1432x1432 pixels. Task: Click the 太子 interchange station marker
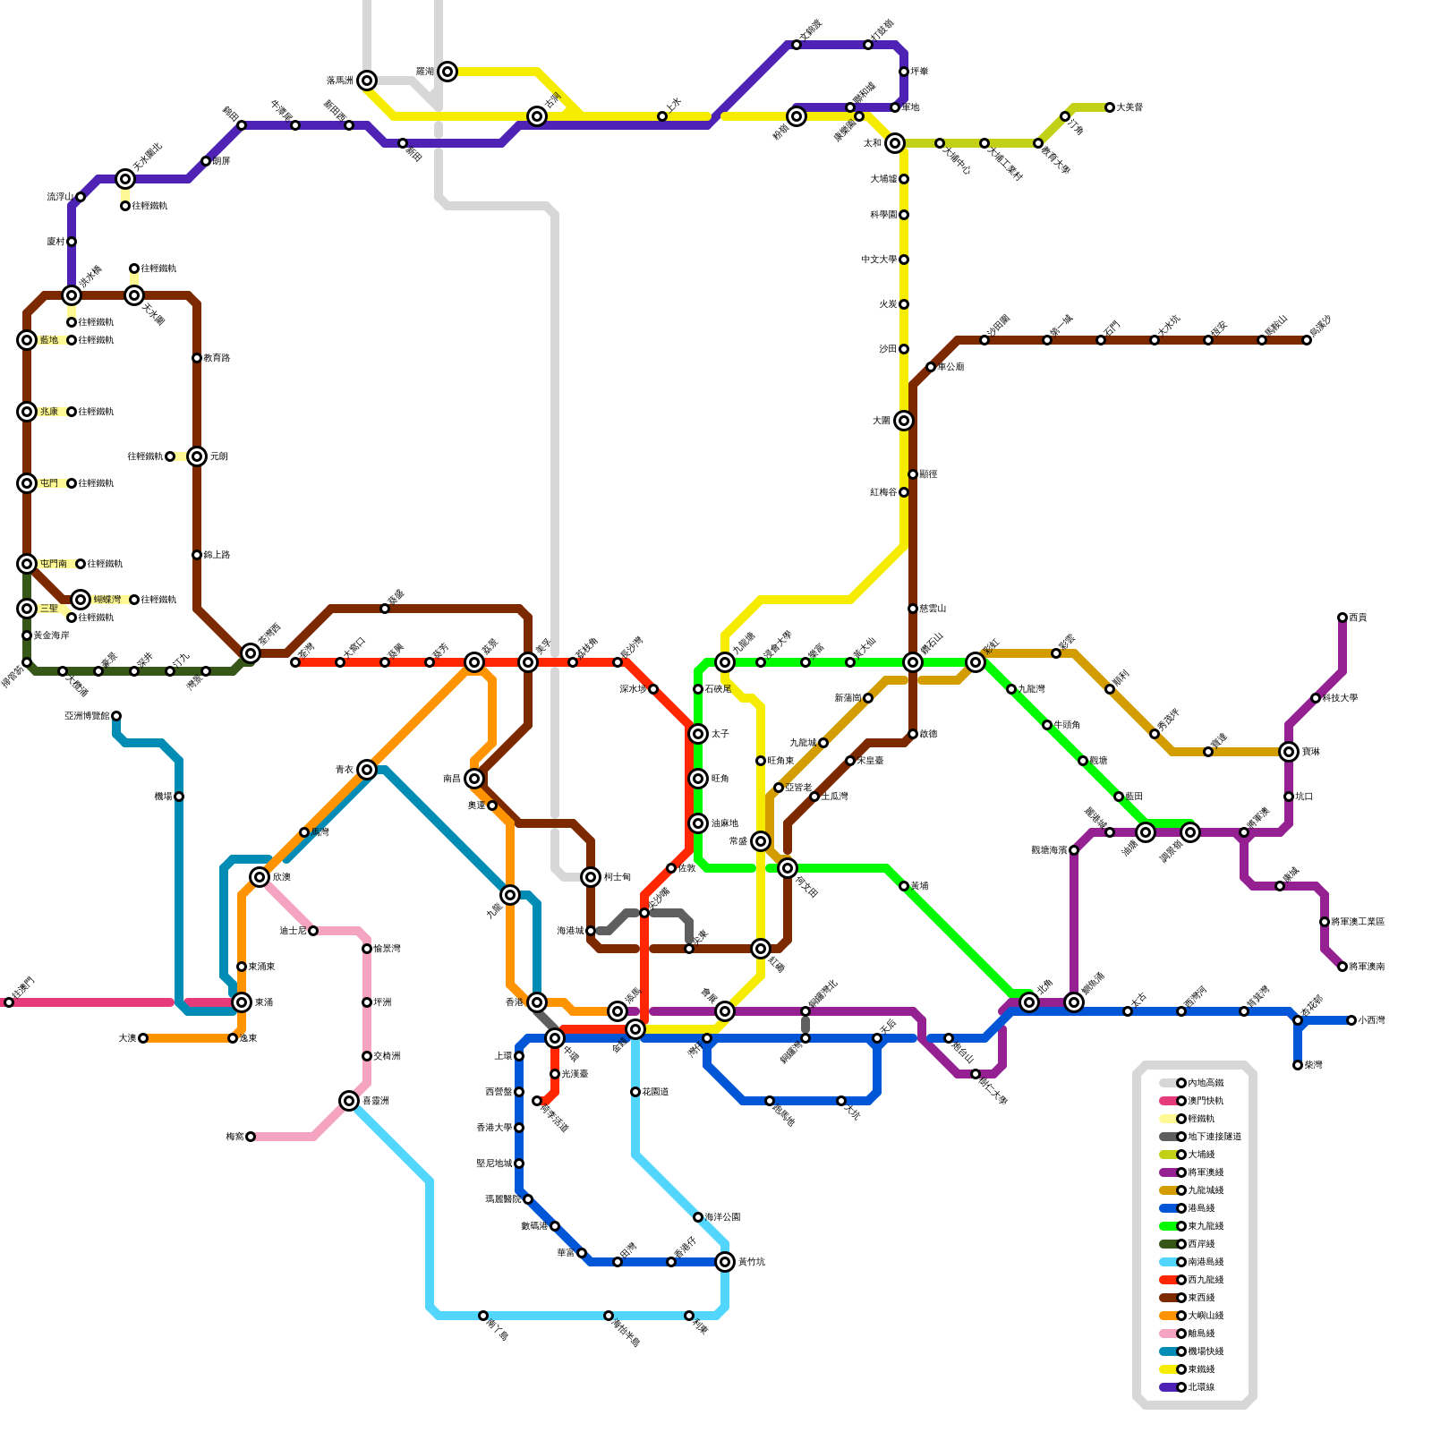click(698, 734)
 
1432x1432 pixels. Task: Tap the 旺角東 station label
click(780, 761)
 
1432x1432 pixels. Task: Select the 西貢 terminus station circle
click(1342, 618)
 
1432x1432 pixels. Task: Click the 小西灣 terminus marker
click(1351, 1020)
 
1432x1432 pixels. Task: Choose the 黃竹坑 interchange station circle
click(725, 1262)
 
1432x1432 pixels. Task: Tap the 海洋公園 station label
click(722, 1217)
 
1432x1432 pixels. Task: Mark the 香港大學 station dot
click(519, 1128)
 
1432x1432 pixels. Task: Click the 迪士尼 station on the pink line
click(313, 931)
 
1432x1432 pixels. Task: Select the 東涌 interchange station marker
click(242, 1002)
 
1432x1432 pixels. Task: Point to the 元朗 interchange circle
click(197, 456)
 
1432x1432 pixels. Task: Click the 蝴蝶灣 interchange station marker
click(81, 600)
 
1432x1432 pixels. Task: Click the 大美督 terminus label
click(1129, 107)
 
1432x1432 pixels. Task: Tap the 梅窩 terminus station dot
click(251, 1137)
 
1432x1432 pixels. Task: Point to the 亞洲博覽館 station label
click(87, 716)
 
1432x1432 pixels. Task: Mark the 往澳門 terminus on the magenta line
click(9, 1002)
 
